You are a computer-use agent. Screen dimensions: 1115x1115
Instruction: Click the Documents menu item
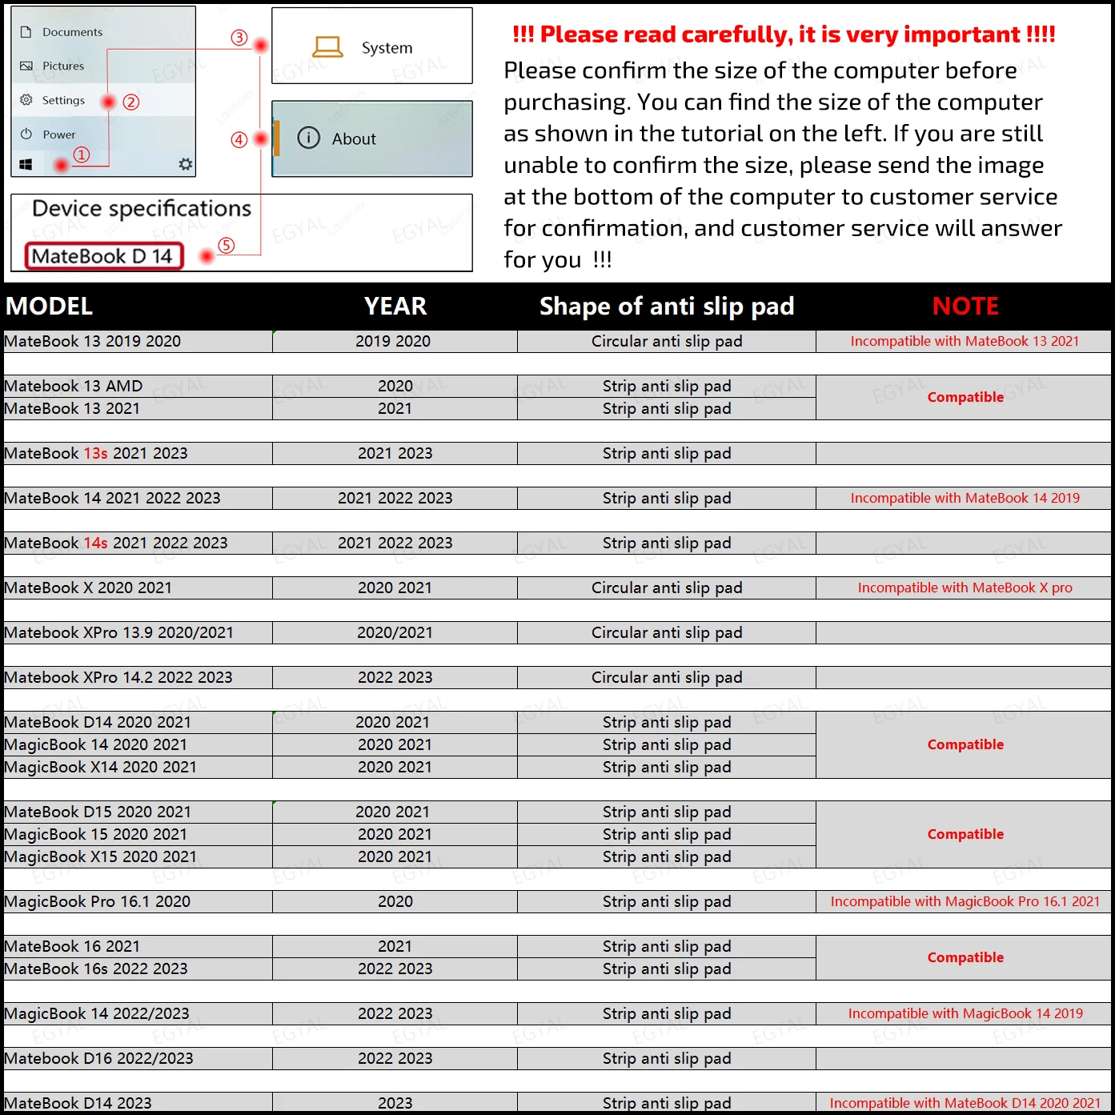(x=72, y=32)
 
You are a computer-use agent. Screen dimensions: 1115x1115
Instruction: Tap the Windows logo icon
(x=26, y=164)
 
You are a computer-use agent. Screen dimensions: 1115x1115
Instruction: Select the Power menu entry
(x=58, y=134)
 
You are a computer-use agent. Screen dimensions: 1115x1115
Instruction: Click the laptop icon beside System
(x=327, y=47)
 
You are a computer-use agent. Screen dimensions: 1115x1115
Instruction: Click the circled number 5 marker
(x=227, y=246)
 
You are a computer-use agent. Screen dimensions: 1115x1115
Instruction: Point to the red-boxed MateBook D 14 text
(x=103, y=256)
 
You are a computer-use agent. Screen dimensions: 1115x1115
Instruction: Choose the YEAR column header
(x=395, y=306)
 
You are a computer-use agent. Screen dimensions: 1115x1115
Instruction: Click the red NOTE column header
(x=965, y=306)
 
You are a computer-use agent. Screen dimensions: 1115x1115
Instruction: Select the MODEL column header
(x=50, y=306)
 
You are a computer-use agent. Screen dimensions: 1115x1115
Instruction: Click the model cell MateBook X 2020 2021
(x=89, y=588)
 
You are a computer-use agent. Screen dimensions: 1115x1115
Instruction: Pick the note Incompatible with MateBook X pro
(x=965, y=588)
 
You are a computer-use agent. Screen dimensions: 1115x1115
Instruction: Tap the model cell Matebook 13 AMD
(x=74, y=386)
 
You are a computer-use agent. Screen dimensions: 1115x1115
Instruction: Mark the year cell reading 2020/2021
(x=395, y=632)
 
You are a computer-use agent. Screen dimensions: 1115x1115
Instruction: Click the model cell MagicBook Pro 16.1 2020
(x=98, y=901)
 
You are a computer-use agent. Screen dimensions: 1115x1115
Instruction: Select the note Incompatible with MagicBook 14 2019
(x=965, y=1013)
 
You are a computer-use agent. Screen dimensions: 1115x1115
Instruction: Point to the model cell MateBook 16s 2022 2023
(x=96, y=969)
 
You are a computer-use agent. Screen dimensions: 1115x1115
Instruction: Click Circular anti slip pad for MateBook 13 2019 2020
(x=666, y=341)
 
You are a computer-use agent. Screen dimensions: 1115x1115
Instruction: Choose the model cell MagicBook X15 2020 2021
(x=101, y=856)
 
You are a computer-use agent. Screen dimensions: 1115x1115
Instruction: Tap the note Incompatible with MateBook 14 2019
(x=965, y=498)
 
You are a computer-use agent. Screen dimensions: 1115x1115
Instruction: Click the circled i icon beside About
(x=308, y=138)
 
